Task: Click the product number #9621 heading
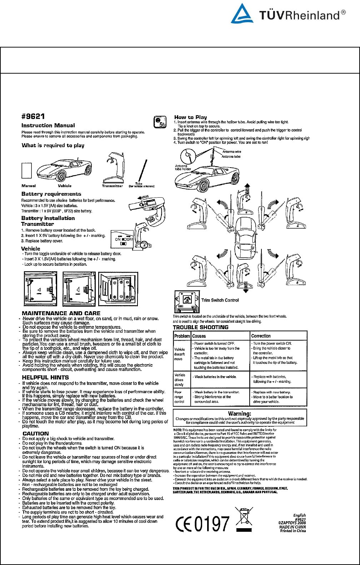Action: [x=33, y=117]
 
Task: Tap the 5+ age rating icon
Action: [x=160, y=122]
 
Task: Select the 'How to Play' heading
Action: [x=190, y=117]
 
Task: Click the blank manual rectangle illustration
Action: [x=27, y=171]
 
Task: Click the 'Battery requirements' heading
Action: [x=51, y=194]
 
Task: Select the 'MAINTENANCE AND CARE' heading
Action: [x=61, y=313]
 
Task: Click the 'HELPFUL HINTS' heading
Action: [x=45, y=377]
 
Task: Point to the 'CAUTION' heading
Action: [x=35, y=433]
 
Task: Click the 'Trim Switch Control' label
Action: [x=220, y=300]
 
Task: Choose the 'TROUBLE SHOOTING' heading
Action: [x=201, y=327]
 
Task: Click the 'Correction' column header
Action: [x=261, y=336]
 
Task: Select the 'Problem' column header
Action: [x=182, y=336]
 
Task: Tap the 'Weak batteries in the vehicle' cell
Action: [x=215, y=377]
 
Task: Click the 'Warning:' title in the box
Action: [x=239, y=413]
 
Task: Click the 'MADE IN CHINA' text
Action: [x=292, y=527]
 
